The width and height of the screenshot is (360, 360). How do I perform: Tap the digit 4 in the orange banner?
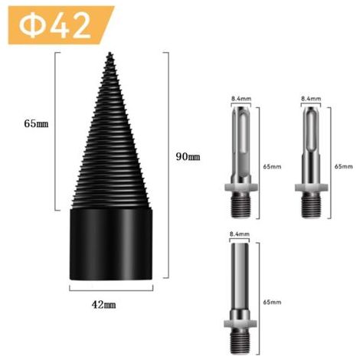[60, 26]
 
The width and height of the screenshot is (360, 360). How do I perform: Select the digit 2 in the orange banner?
[81, 26]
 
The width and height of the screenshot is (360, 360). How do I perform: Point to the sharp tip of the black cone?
[110, 53]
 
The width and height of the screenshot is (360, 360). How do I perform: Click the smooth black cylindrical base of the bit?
[111, 244]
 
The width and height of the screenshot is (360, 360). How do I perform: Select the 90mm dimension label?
[188, 156]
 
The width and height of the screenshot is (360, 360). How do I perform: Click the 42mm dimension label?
[103, 305]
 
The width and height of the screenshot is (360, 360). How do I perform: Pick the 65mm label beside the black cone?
[36, 124]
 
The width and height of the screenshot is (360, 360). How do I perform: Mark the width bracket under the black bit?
[111, 290]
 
